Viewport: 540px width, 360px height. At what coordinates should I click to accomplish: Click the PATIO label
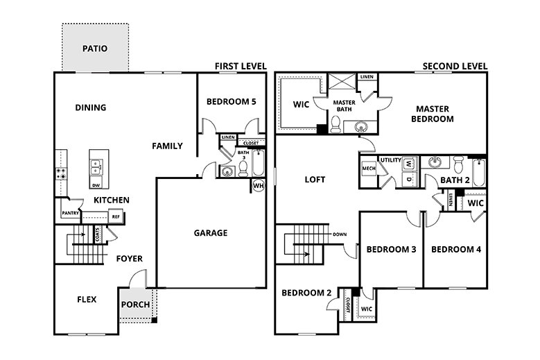[94, 49]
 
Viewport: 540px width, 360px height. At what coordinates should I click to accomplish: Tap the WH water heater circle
[258, 185]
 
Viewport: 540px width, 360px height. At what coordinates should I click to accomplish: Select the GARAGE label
[210, 233]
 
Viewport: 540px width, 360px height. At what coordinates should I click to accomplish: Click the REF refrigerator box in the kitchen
[116, 217]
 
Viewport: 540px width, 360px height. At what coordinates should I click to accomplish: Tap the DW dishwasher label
[96, 185]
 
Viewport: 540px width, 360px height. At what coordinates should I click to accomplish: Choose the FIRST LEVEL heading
[240, 66]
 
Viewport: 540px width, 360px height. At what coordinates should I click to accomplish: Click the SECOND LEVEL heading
[455, 66]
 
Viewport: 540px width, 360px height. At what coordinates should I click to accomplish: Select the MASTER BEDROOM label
[434, 114]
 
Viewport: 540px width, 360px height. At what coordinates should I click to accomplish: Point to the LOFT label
[315, 180]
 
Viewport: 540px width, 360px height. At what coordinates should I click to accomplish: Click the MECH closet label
[368, 168]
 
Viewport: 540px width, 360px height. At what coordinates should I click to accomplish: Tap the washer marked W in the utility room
[408, 164]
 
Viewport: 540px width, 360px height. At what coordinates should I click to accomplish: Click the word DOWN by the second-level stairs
[339, 234]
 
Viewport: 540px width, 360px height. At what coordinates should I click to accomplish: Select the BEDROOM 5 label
[232, 102]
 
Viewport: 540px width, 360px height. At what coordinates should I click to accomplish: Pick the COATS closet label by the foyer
[97, 235]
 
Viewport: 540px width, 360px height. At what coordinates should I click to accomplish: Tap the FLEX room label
[87, 300]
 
